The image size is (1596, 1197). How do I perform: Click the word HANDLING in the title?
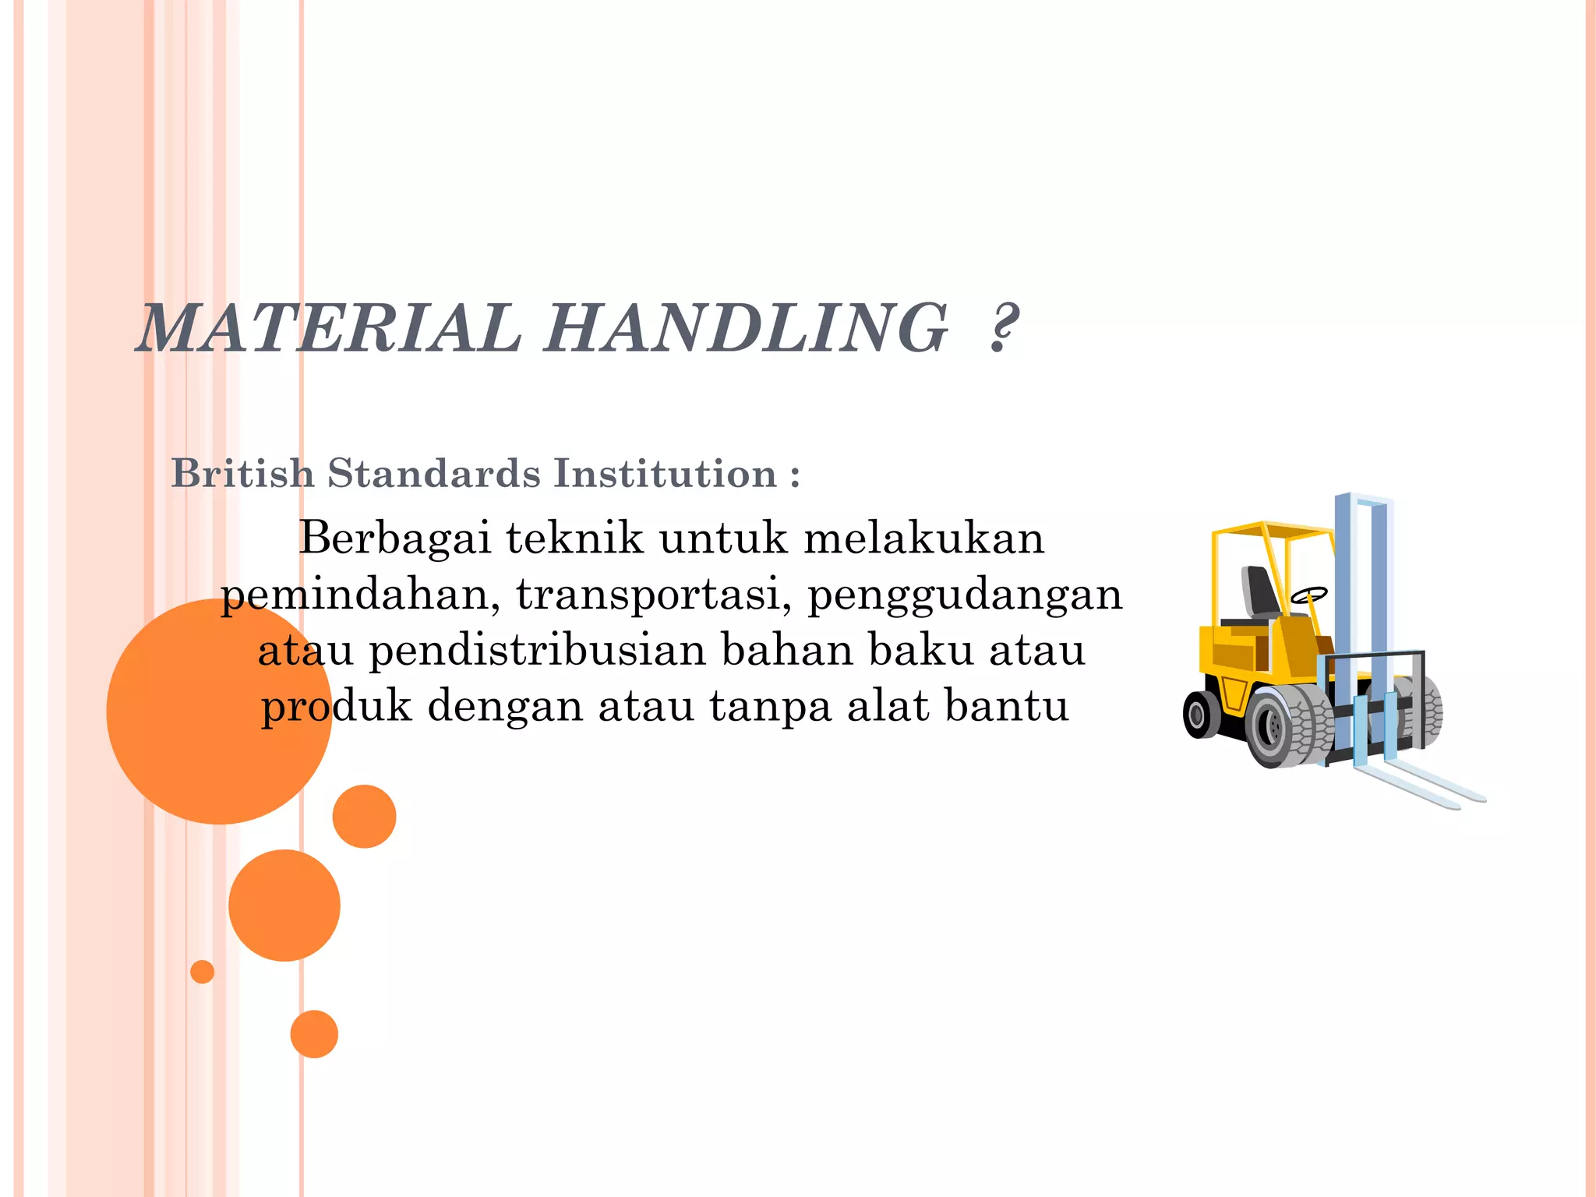coord(746,328)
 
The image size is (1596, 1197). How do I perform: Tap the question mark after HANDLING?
coord(1004,328)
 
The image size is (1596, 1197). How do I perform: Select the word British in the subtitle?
coord(242,473)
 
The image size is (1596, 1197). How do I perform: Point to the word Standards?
coord(433,473)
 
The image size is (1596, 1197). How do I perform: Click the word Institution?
coord(666,473)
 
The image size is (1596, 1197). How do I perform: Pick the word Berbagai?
coord(395,538)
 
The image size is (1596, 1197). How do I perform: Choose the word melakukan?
coord(923,538)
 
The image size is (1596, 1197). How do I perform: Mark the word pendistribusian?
coord(537,650)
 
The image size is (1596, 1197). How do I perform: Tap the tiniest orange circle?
coord(202,972)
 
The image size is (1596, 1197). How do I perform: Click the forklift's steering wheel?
coord(1308,596)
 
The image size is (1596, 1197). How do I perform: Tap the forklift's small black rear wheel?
coord(1200,714)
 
